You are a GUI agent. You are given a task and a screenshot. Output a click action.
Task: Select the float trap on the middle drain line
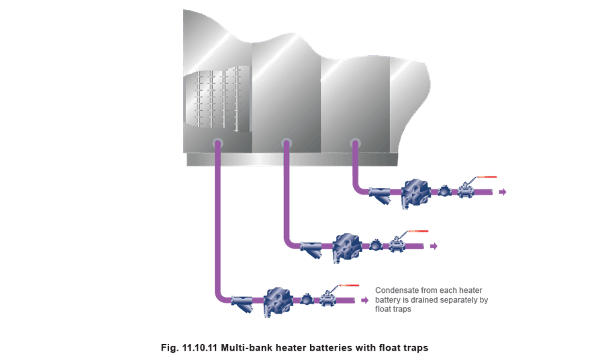347,247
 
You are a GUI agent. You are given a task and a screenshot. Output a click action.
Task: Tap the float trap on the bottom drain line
278,302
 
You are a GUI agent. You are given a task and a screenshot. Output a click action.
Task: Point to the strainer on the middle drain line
311,249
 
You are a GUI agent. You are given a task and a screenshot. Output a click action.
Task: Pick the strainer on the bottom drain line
242,304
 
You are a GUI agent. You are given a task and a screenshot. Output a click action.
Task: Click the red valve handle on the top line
487,177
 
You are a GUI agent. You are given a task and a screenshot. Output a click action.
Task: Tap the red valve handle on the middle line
418,231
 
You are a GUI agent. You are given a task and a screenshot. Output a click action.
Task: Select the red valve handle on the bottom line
350,285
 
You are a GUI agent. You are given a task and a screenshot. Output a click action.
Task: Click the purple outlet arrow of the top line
503,192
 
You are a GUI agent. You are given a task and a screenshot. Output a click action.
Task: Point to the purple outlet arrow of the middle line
434,246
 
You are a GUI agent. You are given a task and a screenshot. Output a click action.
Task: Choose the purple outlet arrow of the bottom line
365,300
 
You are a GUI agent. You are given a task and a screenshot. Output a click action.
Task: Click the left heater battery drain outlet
217,143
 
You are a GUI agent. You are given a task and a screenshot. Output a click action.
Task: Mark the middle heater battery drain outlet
286,143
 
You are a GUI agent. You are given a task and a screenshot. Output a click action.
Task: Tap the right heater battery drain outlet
355,143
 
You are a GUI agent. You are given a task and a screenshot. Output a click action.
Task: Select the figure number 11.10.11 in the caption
200,348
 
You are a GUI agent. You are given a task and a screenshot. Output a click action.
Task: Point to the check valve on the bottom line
306,299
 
